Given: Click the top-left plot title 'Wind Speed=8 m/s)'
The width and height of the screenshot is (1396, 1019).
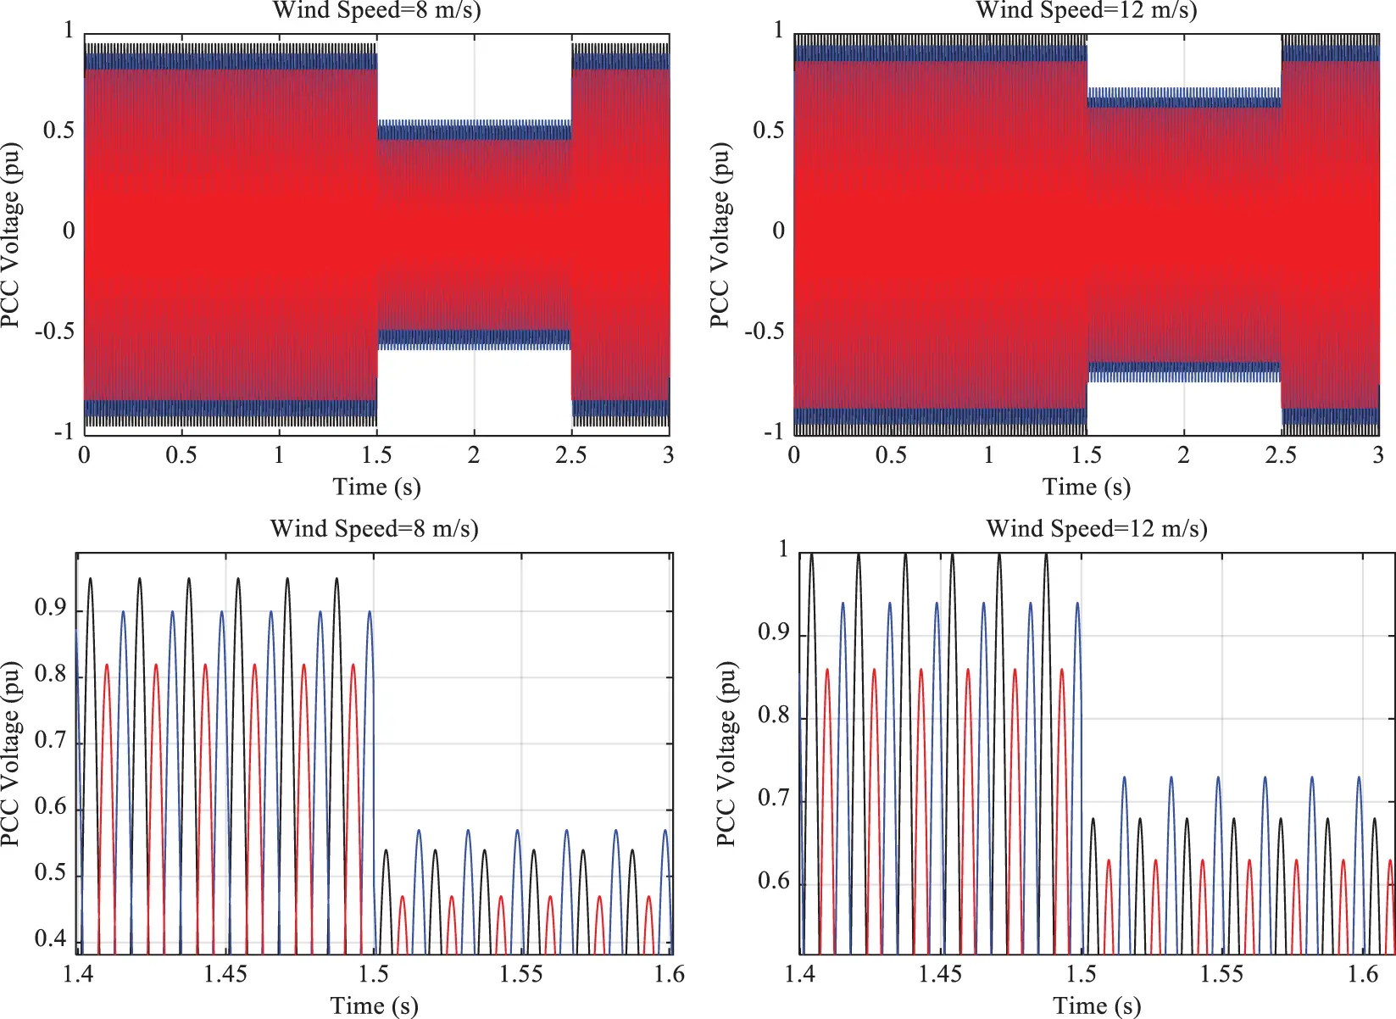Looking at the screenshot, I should (376, 10).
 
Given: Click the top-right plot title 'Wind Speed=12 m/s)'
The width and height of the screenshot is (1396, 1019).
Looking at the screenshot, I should (1086, 10).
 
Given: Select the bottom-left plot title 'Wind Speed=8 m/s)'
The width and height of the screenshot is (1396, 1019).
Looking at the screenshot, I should (374, 529).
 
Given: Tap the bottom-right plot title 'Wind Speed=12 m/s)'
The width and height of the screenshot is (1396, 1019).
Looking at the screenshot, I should (1096, 529).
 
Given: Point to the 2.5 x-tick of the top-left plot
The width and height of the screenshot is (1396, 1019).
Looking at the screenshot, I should (571, 455).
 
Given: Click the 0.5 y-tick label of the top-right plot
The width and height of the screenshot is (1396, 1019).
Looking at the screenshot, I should (769, 131).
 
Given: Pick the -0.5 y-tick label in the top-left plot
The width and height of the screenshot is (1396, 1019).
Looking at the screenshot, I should (55, 331).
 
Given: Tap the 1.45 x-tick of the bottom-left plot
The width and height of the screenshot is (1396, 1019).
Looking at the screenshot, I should (225, 974).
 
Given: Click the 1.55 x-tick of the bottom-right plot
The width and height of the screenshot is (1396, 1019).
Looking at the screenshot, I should (1221, 974).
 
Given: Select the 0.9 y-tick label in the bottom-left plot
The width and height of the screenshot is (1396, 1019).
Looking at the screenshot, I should (50, 609).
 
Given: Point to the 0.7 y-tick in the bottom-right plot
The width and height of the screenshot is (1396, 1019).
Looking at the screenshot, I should (773, 799).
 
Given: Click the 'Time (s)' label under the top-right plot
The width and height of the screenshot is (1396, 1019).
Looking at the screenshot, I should (1086, 487).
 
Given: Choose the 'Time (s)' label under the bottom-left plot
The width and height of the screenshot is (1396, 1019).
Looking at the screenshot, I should (374, 1005).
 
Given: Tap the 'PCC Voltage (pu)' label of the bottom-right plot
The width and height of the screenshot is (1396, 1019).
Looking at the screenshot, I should (726, 753).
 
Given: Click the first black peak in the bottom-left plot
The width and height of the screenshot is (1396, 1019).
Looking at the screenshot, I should (91, 579).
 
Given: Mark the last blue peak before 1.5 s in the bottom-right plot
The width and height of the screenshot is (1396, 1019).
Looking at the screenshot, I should (1077, 603).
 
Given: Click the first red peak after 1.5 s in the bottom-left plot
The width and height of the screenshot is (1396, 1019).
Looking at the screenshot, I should (402, 896).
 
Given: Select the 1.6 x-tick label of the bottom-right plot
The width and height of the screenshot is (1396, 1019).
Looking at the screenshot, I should (1363, 974).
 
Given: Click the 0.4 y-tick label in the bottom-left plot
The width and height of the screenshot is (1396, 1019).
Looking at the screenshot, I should (50, 939).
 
